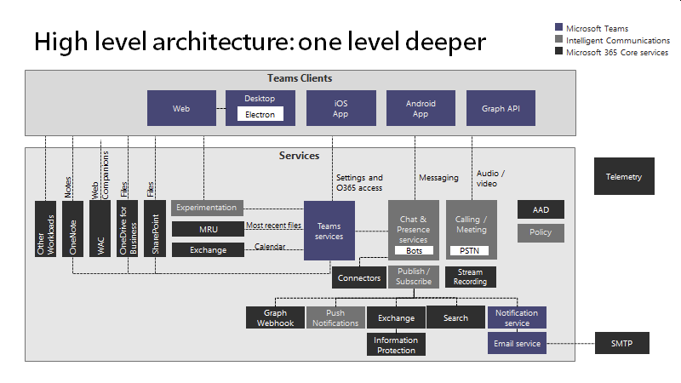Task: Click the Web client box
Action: tap(181, 109)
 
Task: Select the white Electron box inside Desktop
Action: tap(260, 114)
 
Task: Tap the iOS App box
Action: tap(340, 109)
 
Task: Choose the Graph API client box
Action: tap(500, 109)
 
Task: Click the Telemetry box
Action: tap(624, 177)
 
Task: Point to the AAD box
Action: tap(541, 209)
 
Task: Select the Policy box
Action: tap(541, 232)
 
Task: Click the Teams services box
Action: tap(329, 231)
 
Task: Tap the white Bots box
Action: tap(414, 251)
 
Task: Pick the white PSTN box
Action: tap(470, 251)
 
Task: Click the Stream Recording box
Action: tap(470, 277)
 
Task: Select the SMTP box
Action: tap(621, 344)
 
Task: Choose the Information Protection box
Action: tap(396, 345)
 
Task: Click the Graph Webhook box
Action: tap(275, 318)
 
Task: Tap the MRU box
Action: tap(208, 229)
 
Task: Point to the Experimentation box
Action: tap(208, 207)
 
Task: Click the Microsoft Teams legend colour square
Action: tap(558, 28)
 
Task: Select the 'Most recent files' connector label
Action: tap(273, 226)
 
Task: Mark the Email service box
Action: tap(517, 344)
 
